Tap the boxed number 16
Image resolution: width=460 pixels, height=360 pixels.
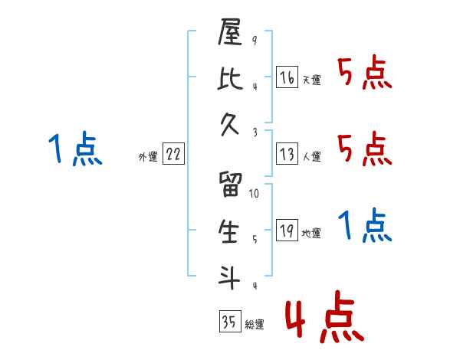(287, 77)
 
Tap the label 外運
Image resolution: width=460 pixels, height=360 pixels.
(147, 157)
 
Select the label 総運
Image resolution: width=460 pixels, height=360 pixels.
(255, 325)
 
